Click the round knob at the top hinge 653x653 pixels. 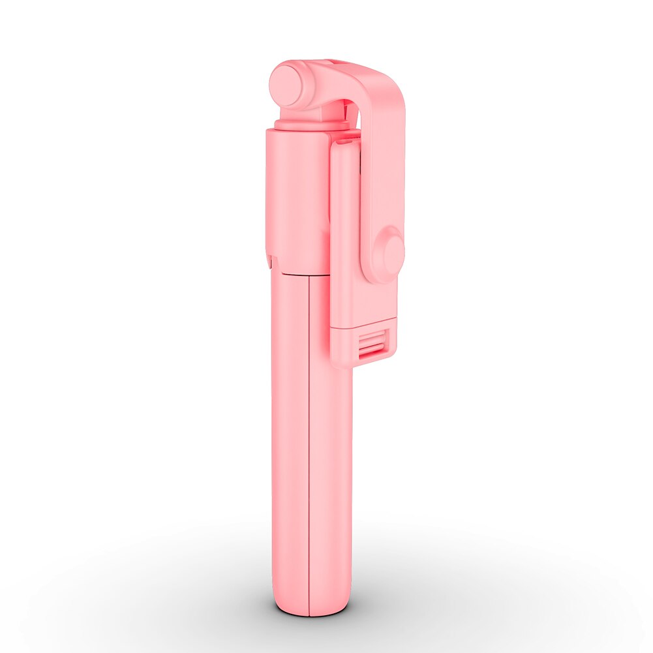(286, 85)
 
